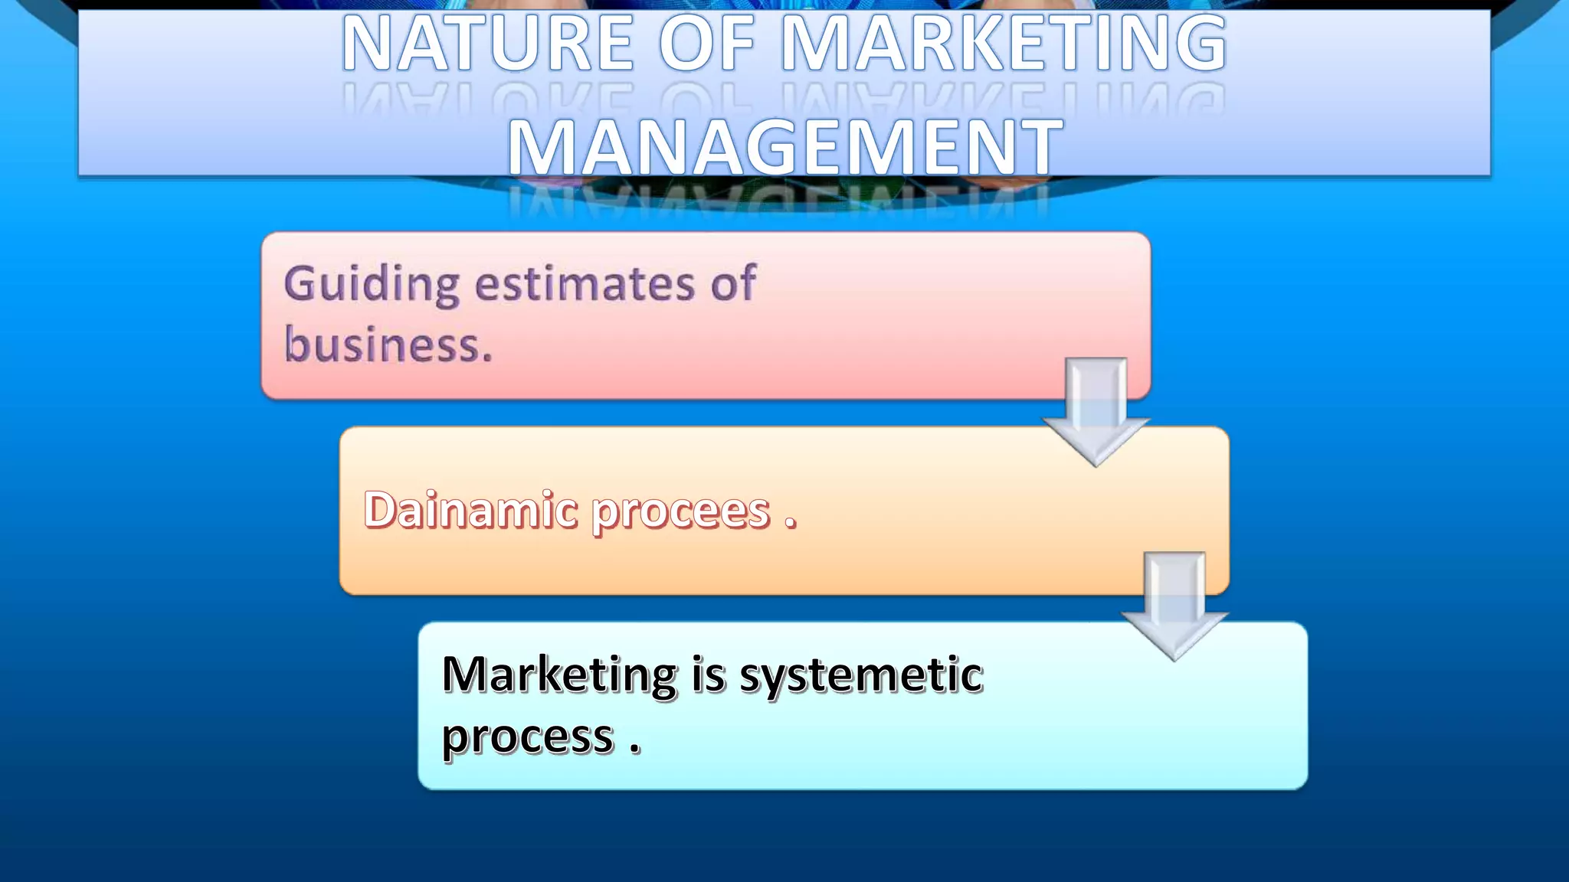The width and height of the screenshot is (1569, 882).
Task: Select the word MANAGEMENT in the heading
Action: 785,148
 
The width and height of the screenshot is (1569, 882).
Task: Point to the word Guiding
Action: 371,285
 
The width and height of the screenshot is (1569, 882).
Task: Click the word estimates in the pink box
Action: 585,285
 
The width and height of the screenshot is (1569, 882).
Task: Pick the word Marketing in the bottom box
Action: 559,675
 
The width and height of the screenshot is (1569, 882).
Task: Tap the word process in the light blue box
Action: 528,738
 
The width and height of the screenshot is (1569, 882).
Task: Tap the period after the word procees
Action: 790,524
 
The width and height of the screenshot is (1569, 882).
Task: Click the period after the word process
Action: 635,750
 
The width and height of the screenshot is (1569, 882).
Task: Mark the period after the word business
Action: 487,357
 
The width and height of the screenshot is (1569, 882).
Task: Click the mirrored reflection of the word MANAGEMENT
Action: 777,201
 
